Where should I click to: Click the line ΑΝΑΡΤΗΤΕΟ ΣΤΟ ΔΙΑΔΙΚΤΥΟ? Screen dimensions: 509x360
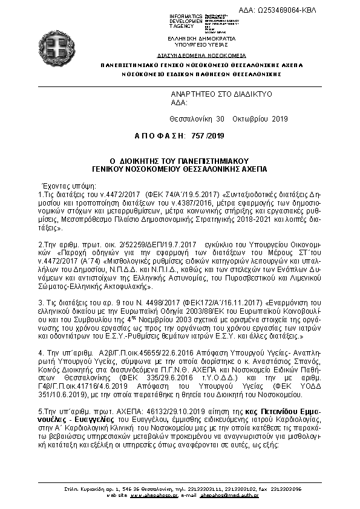221,94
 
